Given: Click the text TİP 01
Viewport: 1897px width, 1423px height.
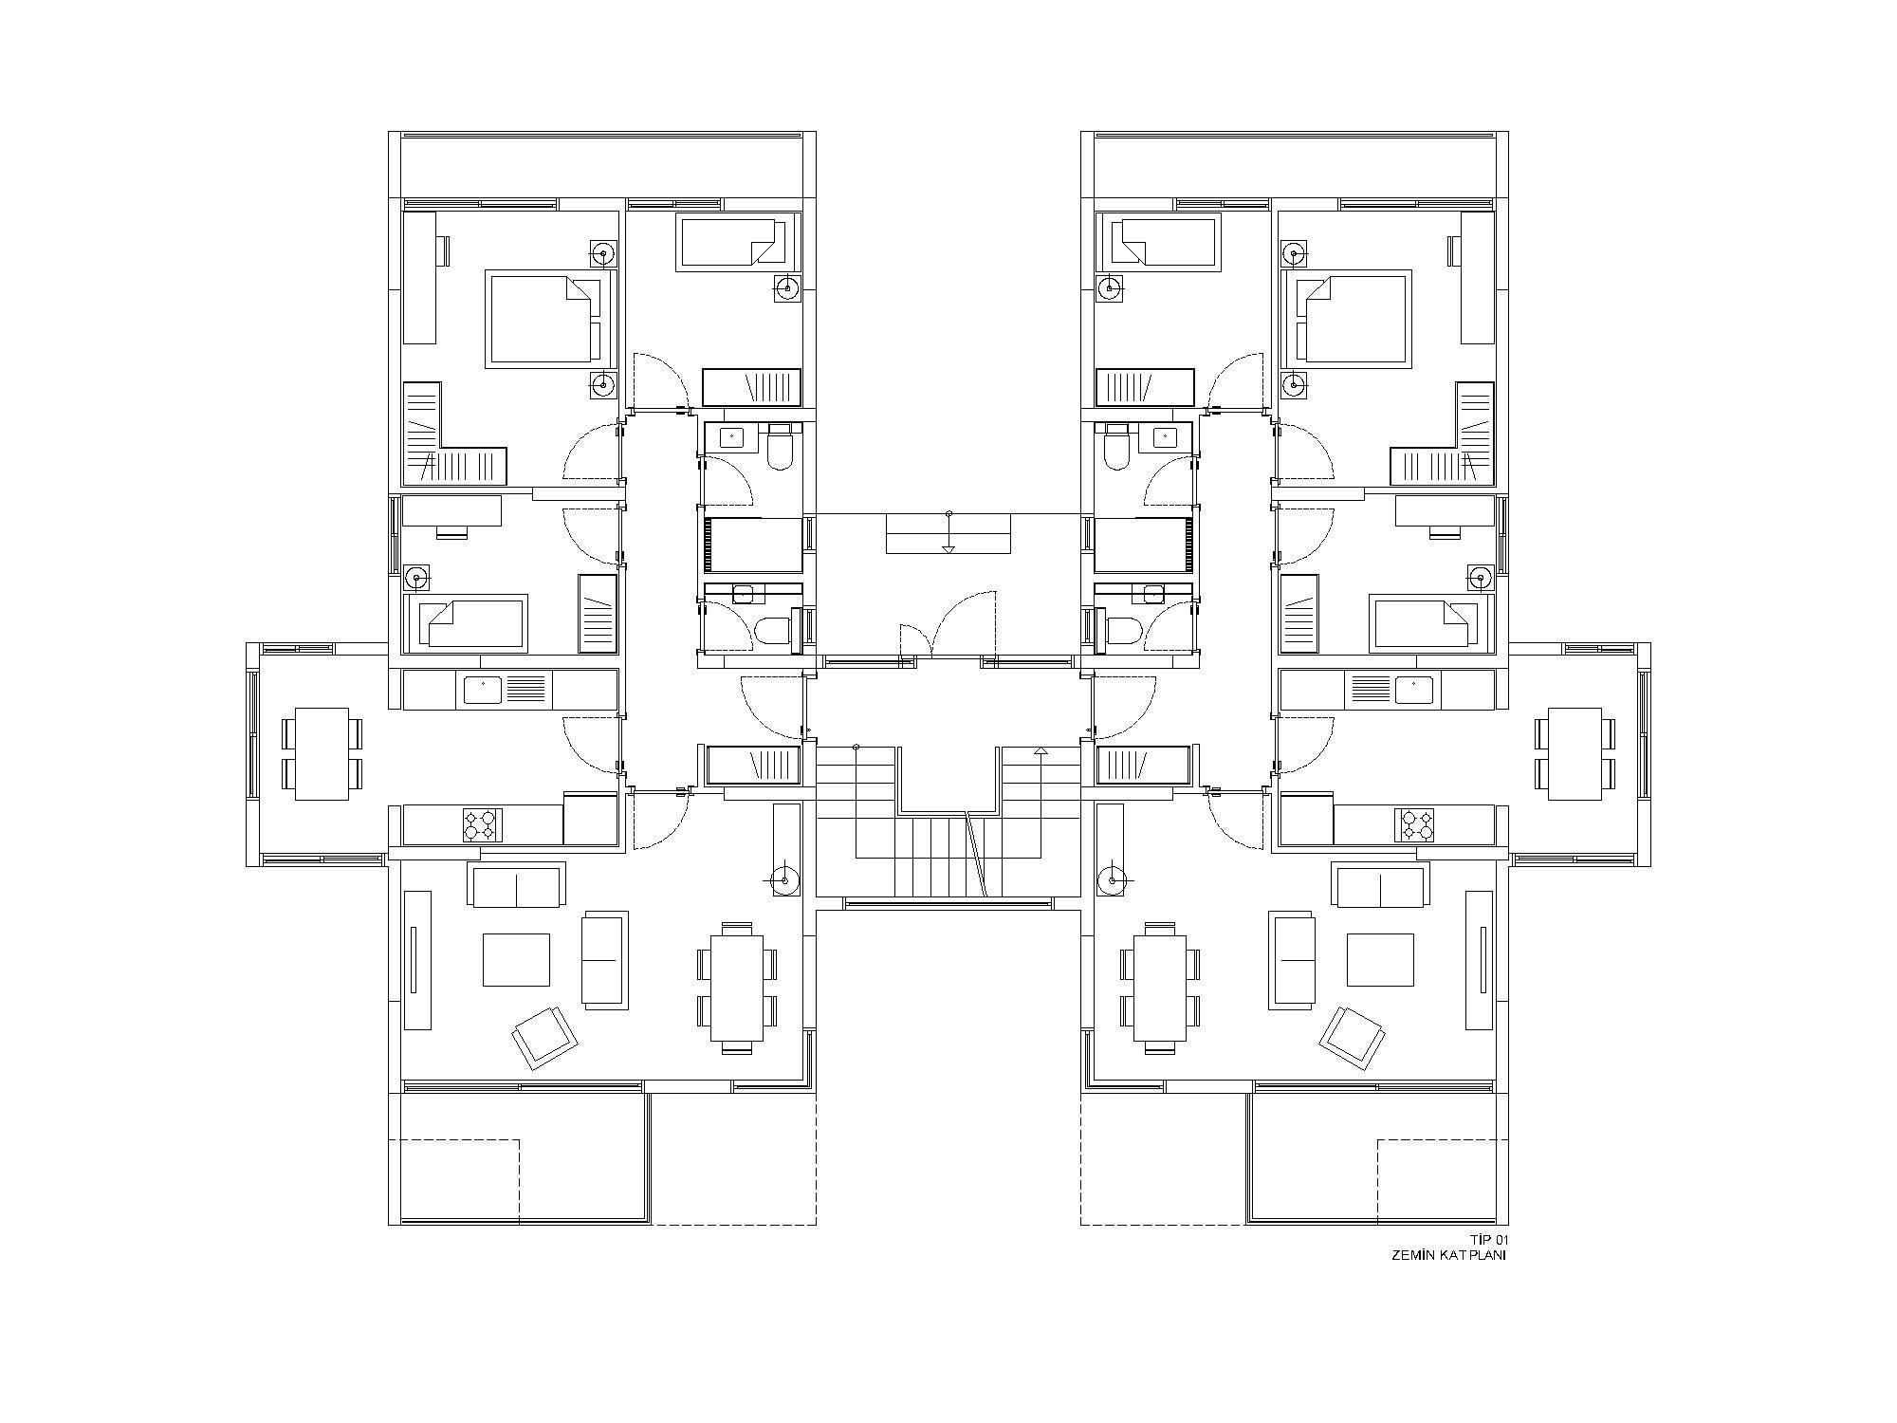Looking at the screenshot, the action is (x=1487, y=1240).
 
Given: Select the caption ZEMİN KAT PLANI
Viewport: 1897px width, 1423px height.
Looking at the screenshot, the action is (x=1448, y=1255).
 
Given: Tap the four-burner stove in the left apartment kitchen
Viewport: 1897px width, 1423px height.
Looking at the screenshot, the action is (x=481, y=824).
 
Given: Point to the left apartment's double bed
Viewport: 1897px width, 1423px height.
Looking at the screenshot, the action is (x=544, y=318).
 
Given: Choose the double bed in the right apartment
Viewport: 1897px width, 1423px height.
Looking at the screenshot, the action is (x=1352, y=318).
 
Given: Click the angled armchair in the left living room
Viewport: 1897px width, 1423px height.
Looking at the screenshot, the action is (x=545, y=1038).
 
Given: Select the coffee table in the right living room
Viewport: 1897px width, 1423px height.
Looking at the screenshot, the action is (x=1380, y=960).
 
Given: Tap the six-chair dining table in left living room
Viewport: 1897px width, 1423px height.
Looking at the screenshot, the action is (x=737, y=987).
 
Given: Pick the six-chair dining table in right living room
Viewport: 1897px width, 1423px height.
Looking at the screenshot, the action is (x=1160, y=987).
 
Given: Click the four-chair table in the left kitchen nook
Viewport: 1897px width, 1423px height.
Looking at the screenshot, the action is (x=322, y=753).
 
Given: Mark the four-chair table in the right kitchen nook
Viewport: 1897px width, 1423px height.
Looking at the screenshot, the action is (x=1575, y=753).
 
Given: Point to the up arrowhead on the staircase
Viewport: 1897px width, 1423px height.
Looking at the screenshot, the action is (x=1041, y=751).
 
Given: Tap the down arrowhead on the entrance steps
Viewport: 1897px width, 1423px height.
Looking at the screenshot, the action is (x=948, y=548).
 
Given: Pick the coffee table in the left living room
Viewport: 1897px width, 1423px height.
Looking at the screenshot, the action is (x=517, y=960).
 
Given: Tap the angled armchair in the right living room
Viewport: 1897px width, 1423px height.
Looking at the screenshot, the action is (x=1352, y=1038).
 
